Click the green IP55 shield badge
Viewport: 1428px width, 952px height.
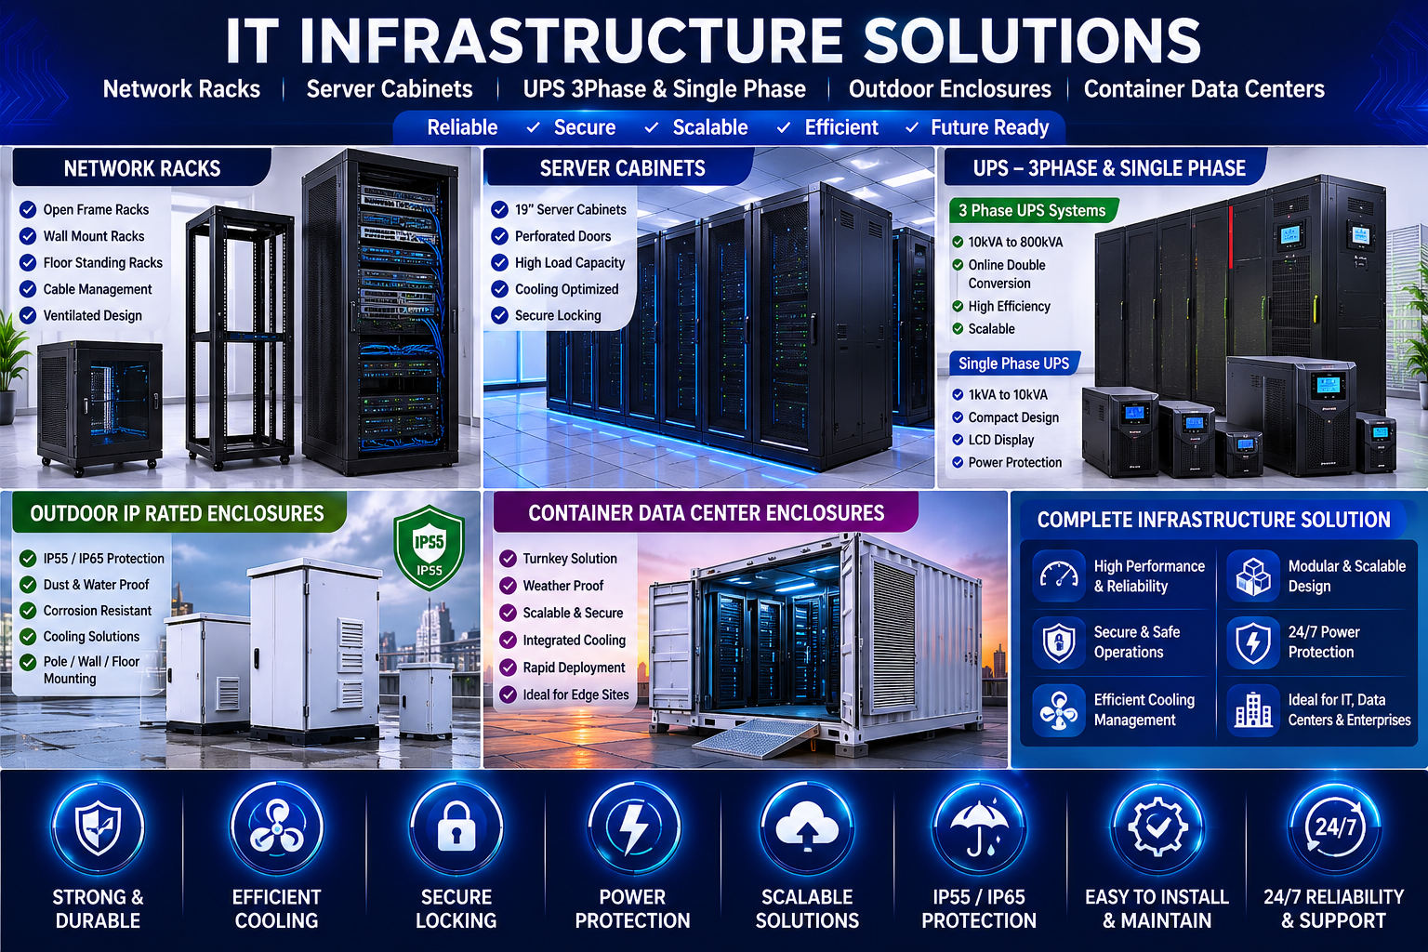point(429,547)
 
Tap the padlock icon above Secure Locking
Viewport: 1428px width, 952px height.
point(456,827)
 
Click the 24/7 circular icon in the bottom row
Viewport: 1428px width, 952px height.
point(1334,827)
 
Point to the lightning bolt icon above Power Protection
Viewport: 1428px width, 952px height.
point(633,827)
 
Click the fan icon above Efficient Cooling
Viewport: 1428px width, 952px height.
point(277,827)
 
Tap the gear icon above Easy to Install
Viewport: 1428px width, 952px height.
point(1157,827)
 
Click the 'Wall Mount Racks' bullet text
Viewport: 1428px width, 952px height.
point(94,236)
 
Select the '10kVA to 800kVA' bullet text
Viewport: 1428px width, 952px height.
point(1015,243)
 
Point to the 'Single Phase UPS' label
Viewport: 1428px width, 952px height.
point(1013,364)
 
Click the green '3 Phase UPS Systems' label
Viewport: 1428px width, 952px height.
point(1032,210)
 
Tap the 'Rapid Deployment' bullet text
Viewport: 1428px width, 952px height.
point(574,668)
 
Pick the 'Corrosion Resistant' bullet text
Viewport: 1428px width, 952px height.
point(98,610)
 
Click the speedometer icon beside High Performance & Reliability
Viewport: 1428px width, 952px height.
point(1059,575)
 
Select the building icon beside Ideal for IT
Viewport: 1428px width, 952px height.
point(1253,709)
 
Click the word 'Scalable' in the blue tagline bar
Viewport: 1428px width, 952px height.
point(710,127)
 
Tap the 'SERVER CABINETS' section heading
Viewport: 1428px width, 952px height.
point(622,168)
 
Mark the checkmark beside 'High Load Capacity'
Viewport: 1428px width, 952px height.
point(500,262)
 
